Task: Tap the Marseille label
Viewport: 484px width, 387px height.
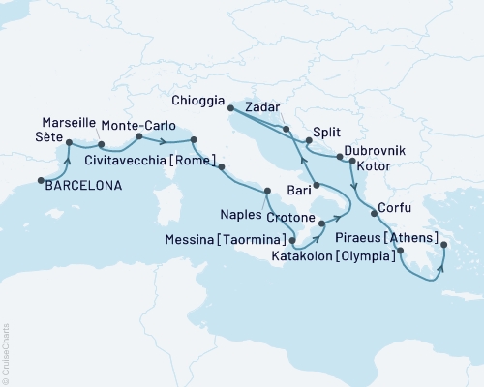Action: [69, 123]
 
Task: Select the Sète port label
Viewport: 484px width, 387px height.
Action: [48, 139]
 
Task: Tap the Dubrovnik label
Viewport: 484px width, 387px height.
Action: [374, 153]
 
